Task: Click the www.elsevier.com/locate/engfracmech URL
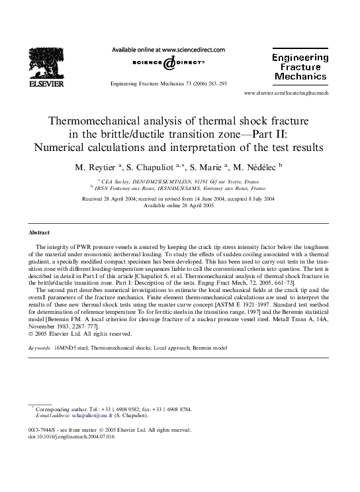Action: tap(295, 93)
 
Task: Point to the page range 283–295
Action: tap(212, 85)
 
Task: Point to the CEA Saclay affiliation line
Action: tap(180, 179)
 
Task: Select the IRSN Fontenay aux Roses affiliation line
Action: tap(180, 188)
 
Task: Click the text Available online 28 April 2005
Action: tap(180, 205)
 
